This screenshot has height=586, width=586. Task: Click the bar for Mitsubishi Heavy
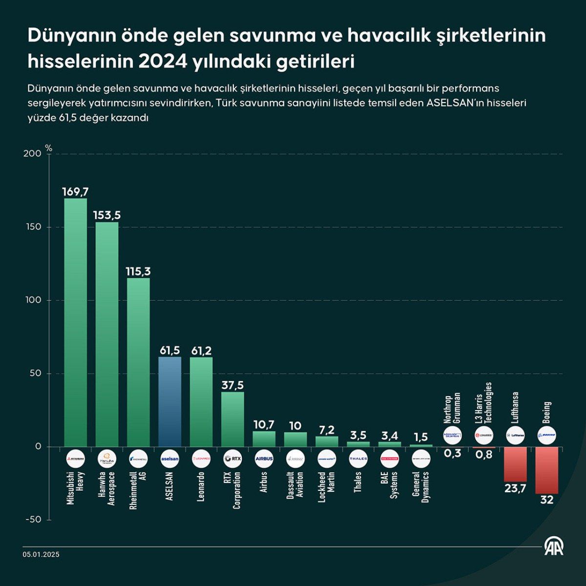(76, 322)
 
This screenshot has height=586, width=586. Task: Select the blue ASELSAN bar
(170, 401)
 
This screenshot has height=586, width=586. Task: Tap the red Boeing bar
(546, 470)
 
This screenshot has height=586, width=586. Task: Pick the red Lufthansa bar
(515, 464)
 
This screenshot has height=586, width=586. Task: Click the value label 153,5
(107, 215)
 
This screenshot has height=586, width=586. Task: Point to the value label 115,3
(138, 272)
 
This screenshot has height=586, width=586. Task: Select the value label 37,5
(232, 385)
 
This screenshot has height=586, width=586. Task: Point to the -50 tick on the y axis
(33, 520)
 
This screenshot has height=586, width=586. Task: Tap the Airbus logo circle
(264, 459)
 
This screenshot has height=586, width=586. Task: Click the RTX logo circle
(232, 459)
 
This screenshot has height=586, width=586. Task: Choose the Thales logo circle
(358, 459)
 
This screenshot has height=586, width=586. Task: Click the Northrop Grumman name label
(452, 408)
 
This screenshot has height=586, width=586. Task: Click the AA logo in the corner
(554, 547)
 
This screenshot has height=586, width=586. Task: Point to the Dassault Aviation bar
(295, 439)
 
